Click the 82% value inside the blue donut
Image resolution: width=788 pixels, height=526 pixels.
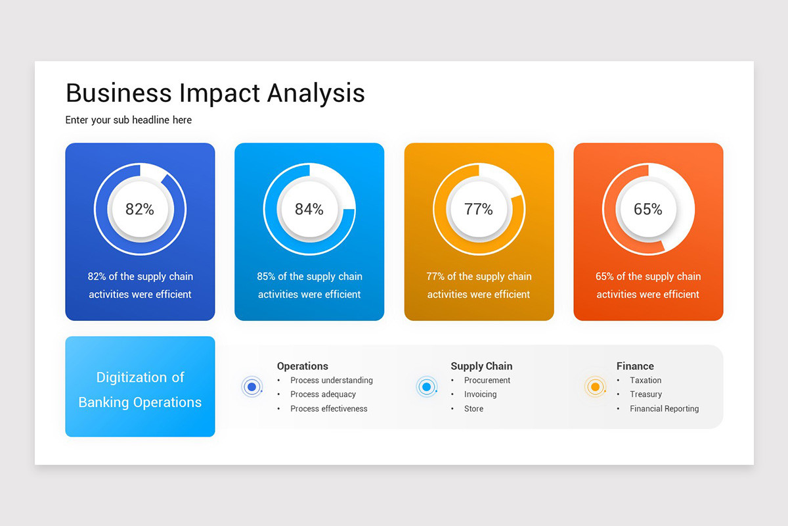140,209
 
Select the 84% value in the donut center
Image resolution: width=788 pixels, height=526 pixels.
309,209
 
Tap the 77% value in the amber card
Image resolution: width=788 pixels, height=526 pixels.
478,209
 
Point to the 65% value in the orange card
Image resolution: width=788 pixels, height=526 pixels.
647,209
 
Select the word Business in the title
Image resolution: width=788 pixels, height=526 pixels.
118,93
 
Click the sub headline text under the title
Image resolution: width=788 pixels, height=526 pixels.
129,120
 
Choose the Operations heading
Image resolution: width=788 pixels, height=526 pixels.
302,366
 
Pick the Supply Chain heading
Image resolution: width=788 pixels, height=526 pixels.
481,366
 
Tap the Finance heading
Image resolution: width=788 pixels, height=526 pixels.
635,366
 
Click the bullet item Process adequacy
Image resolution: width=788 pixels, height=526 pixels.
323,394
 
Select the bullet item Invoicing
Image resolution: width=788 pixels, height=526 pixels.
480,394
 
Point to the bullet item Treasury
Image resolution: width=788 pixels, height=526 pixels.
646,394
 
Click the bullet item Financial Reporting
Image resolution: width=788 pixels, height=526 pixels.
664,409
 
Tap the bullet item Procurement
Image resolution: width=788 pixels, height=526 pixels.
487,381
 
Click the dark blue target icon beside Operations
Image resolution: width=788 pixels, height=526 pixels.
252,387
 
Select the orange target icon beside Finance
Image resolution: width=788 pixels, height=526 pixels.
595,387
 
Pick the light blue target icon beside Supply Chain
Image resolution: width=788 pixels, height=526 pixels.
426,387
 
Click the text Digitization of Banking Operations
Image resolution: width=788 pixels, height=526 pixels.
140,389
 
